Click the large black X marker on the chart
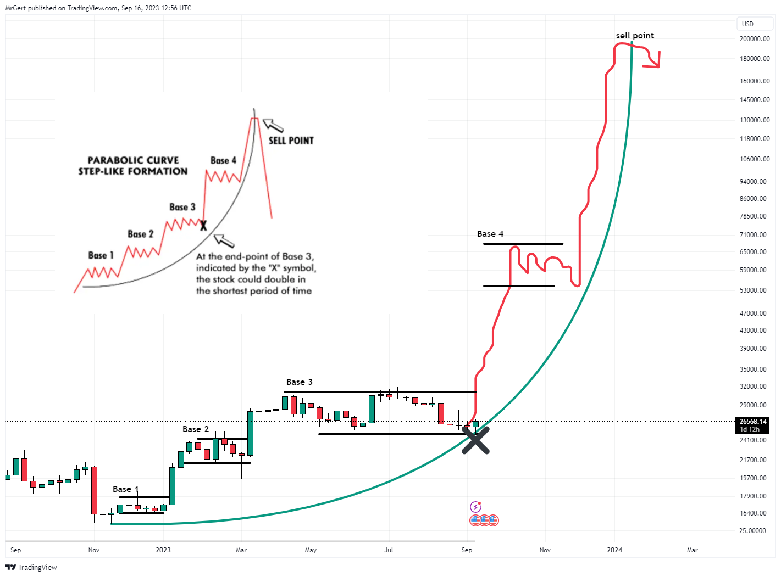[475, 441]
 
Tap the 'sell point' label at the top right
[635, 36]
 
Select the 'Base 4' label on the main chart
[490, 234]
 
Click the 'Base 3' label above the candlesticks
[299, 382]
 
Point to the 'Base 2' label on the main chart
[196, 429]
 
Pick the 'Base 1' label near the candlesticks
[125, 489]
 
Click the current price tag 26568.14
[752, 422]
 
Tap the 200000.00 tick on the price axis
[754, 39]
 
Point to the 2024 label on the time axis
[614, 550]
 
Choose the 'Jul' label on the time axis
[389, 550]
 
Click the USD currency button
[748, 24]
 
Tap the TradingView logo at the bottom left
[31, 567]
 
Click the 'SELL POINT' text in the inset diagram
[291, 141]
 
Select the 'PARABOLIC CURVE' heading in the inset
[133, 160]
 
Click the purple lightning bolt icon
[475, 507]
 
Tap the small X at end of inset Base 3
[203, 226]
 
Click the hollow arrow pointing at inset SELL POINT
[273, 126]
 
